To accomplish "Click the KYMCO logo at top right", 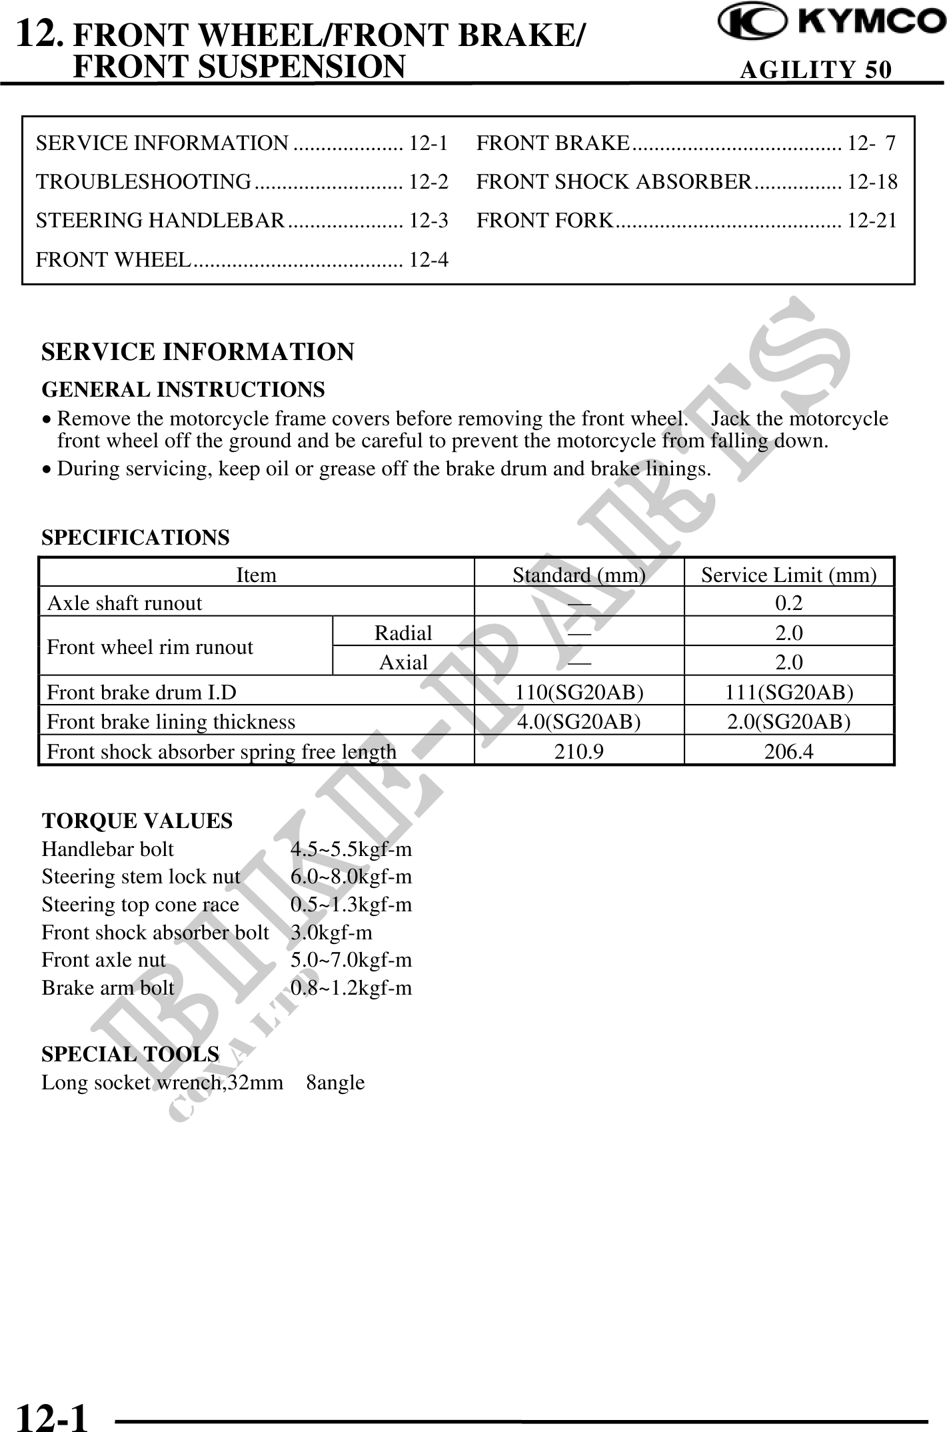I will click(831, 22).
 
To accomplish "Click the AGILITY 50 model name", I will click(815, 69).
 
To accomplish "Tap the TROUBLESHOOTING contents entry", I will click(144, 181).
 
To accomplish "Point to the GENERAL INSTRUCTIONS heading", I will click(183, 389).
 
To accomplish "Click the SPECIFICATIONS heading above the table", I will click(135, 537).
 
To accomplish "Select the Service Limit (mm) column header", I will click(788, 575).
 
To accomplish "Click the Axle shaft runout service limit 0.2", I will click(788, 603).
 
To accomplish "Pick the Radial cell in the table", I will click(403, 633).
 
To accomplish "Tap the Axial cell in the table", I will click(403, 662).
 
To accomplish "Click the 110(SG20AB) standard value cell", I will click(579, 693).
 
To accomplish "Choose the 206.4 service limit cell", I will click(788, 752).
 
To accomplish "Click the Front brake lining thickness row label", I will click(171, 722).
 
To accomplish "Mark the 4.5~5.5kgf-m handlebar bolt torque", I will click(351, 849).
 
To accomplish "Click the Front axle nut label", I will click(104, 960).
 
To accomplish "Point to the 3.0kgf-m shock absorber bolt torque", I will click(331, 933).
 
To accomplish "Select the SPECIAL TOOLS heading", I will click(130, 1054).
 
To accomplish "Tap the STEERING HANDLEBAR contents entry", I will click(161, 220).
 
